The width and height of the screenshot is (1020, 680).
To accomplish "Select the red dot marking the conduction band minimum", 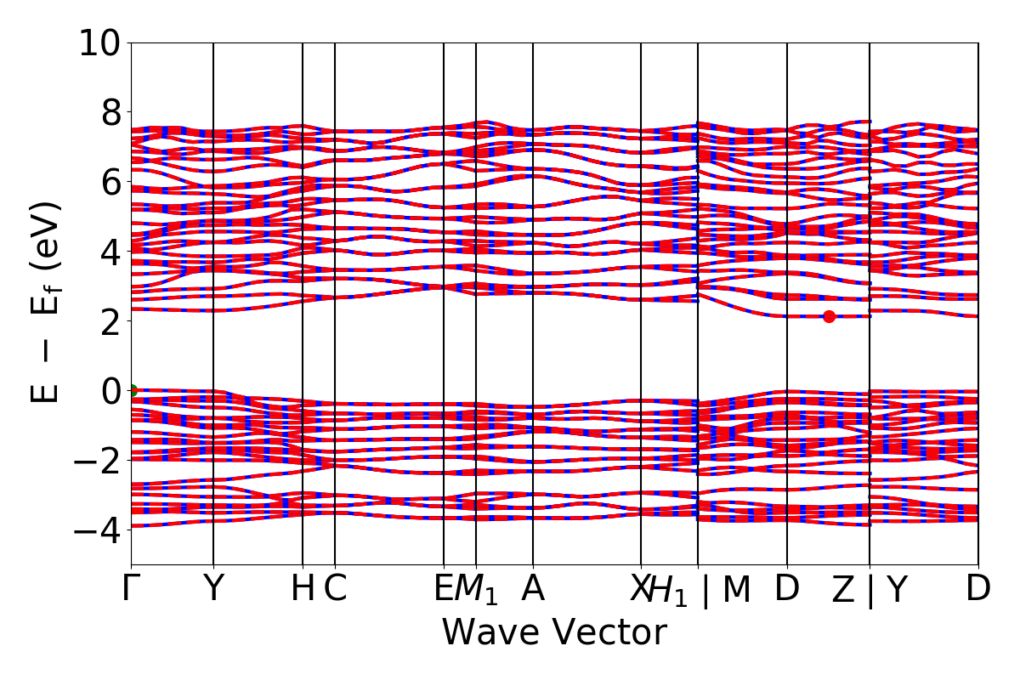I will point(829,317).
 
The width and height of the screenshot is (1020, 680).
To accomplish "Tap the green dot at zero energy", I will point(132,390).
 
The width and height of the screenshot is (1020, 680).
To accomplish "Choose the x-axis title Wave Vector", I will point(554,633).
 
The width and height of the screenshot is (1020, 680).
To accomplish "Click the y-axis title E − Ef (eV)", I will point(47,302).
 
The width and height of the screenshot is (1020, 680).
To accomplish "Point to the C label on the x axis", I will point(336,588).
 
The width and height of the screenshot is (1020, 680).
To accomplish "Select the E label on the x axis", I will point(443,588).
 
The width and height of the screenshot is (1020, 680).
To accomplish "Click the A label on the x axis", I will point(533,588).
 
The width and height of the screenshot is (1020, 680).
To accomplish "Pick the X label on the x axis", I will point(640,588).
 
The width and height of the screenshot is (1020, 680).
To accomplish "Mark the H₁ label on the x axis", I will point(667,590).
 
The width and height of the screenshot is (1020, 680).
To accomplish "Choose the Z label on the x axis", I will point(841,590).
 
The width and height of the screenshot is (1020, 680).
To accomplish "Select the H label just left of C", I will point(302,588).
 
